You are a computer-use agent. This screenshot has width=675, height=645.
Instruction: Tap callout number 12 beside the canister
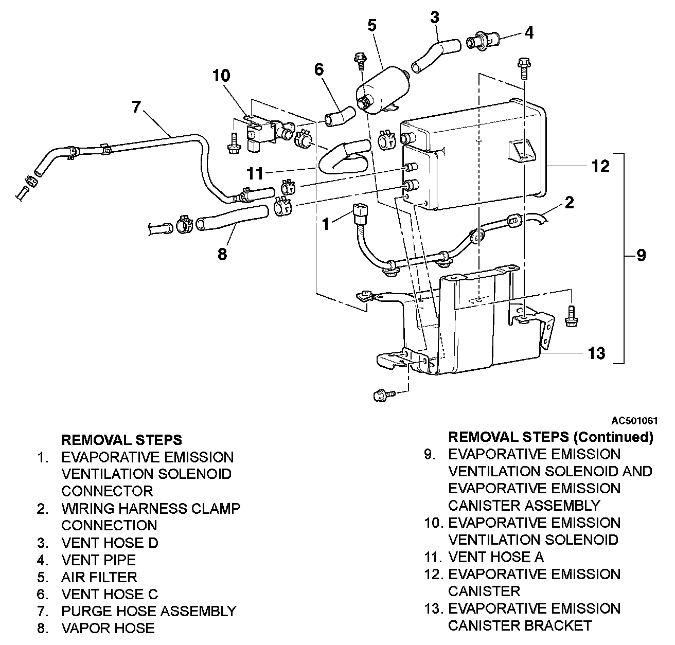600,166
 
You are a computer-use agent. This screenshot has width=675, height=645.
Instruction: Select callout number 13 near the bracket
596,353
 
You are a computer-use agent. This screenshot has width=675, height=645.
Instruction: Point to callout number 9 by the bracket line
641,255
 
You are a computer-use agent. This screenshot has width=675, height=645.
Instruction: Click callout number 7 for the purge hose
136,107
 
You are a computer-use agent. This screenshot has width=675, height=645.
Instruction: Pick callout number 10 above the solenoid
221,76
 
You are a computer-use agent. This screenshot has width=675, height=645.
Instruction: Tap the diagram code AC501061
635,421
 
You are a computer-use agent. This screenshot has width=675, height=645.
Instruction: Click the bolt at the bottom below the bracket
383,395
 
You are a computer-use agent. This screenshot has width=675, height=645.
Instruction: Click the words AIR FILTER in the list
99,577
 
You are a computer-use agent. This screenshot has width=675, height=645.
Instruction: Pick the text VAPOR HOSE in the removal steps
108,628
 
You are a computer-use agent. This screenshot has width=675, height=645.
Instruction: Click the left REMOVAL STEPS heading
121,440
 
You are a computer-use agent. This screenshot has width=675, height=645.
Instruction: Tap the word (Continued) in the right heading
613,437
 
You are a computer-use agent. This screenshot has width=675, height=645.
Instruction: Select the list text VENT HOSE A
496,557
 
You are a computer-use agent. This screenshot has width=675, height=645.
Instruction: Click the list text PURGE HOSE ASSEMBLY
149,611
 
